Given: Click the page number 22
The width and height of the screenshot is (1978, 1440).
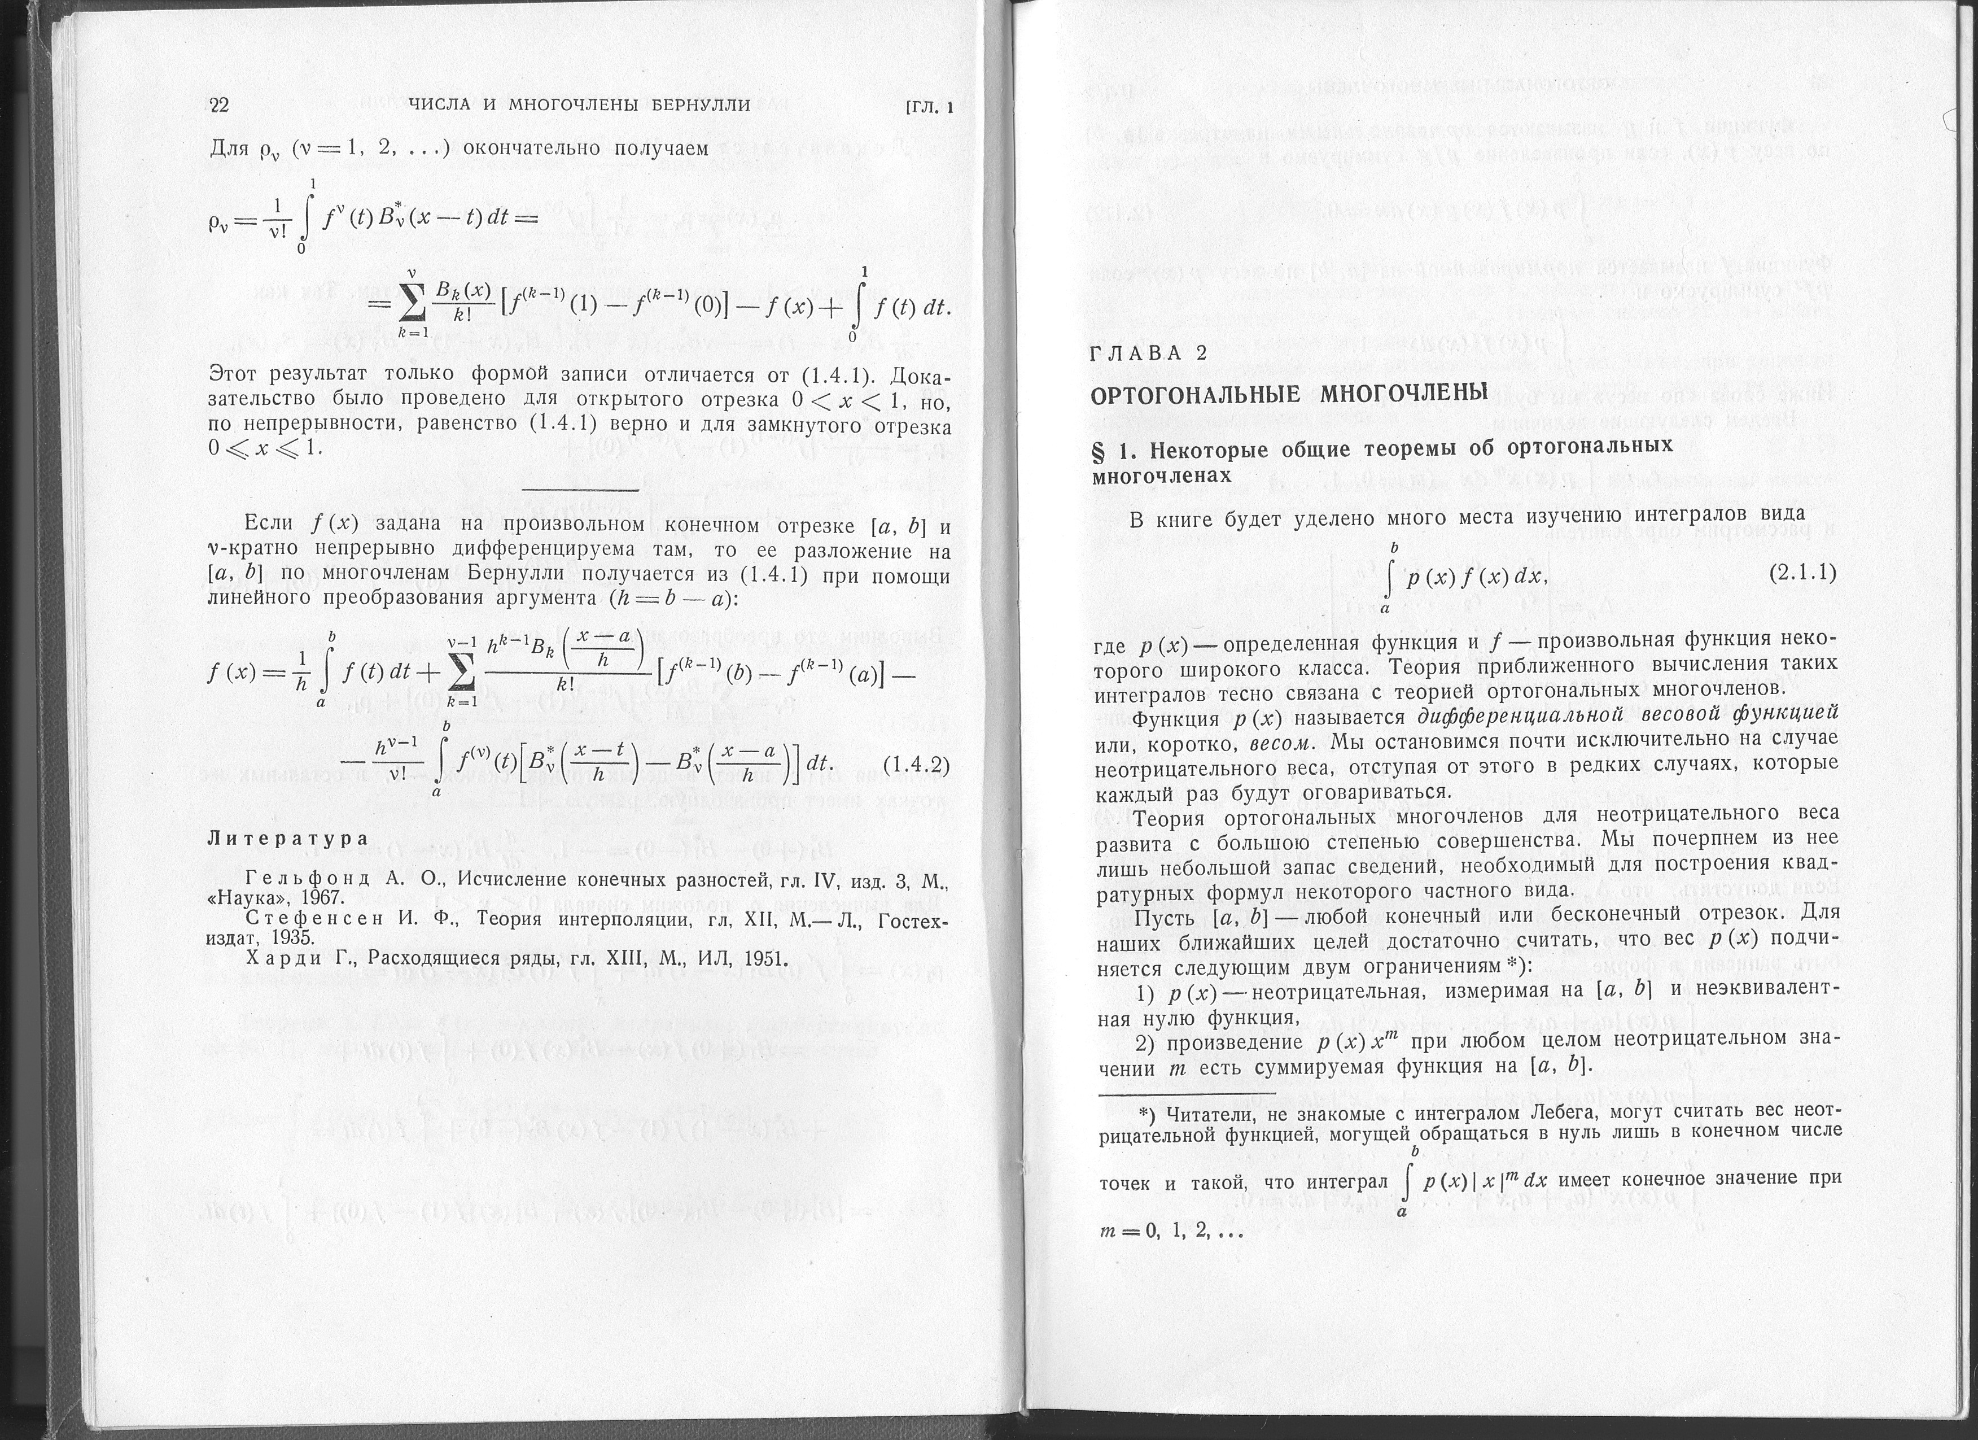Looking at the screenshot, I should pyautogui.click(x=219, y=106).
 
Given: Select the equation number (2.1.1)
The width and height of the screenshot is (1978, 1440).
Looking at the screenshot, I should pyautogui.click(x=1802, y=573).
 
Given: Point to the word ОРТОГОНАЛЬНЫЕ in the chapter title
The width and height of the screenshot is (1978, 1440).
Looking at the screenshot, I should pyautogui.click(x=1197, y=394).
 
